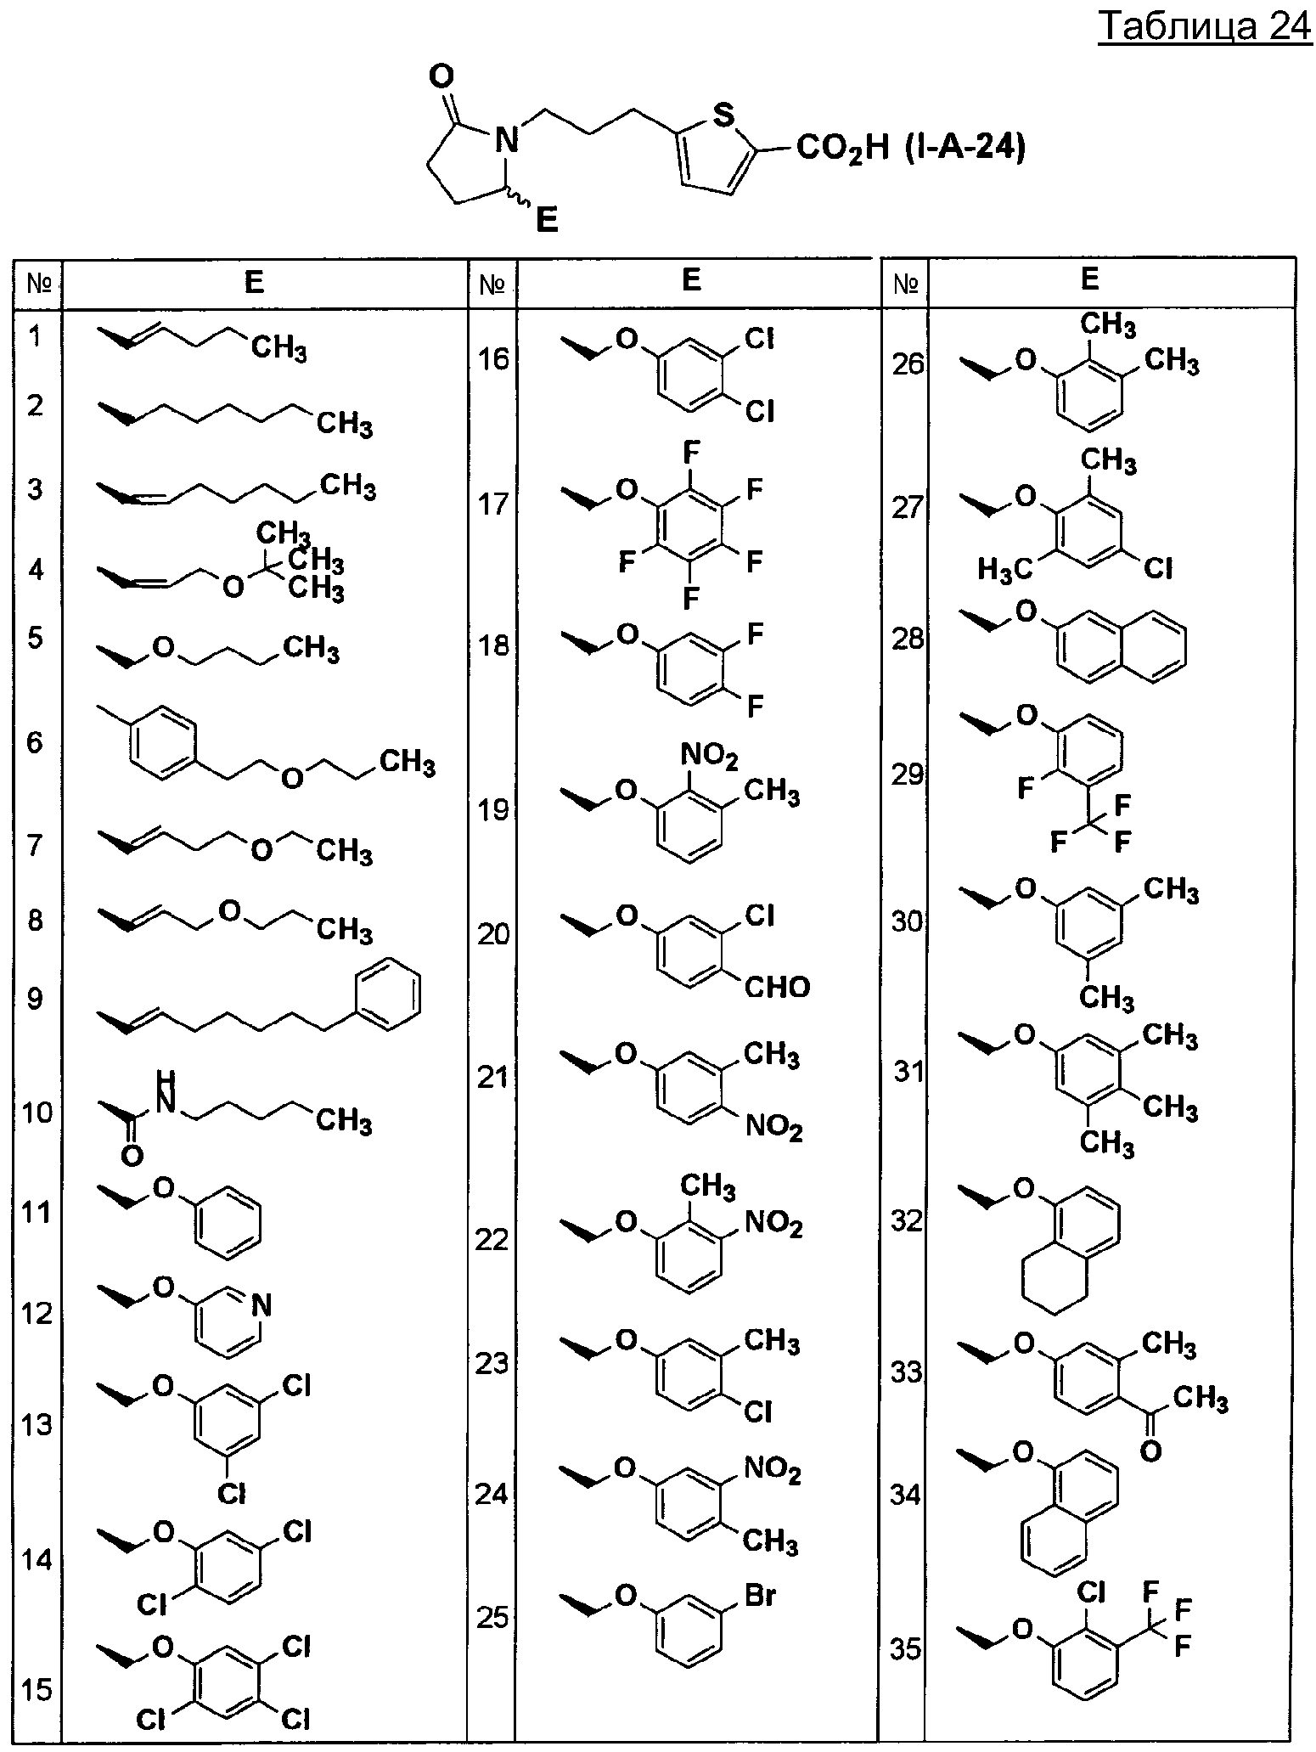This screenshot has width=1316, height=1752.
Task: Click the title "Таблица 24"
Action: click(1205, 27)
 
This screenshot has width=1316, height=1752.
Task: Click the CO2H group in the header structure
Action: click(841, 150)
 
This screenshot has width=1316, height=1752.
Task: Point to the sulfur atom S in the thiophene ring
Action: click(723, 115)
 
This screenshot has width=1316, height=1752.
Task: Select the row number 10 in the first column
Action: click(36, 1112)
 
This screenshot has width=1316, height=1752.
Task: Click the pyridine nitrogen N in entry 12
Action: click(262, 1305)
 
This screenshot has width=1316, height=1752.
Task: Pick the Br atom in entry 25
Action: click(760, 1597)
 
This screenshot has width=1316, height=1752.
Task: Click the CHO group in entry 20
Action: click(777, 986)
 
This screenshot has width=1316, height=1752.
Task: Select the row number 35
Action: click(906, 1649)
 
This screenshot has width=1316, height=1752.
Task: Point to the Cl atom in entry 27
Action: click(1159, 567)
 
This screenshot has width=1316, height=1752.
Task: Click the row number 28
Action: click(907, 639)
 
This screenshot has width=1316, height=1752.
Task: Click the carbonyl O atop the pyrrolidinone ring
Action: click(441, 77)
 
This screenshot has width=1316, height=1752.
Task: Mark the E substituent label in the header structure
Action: click(546, 223)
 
